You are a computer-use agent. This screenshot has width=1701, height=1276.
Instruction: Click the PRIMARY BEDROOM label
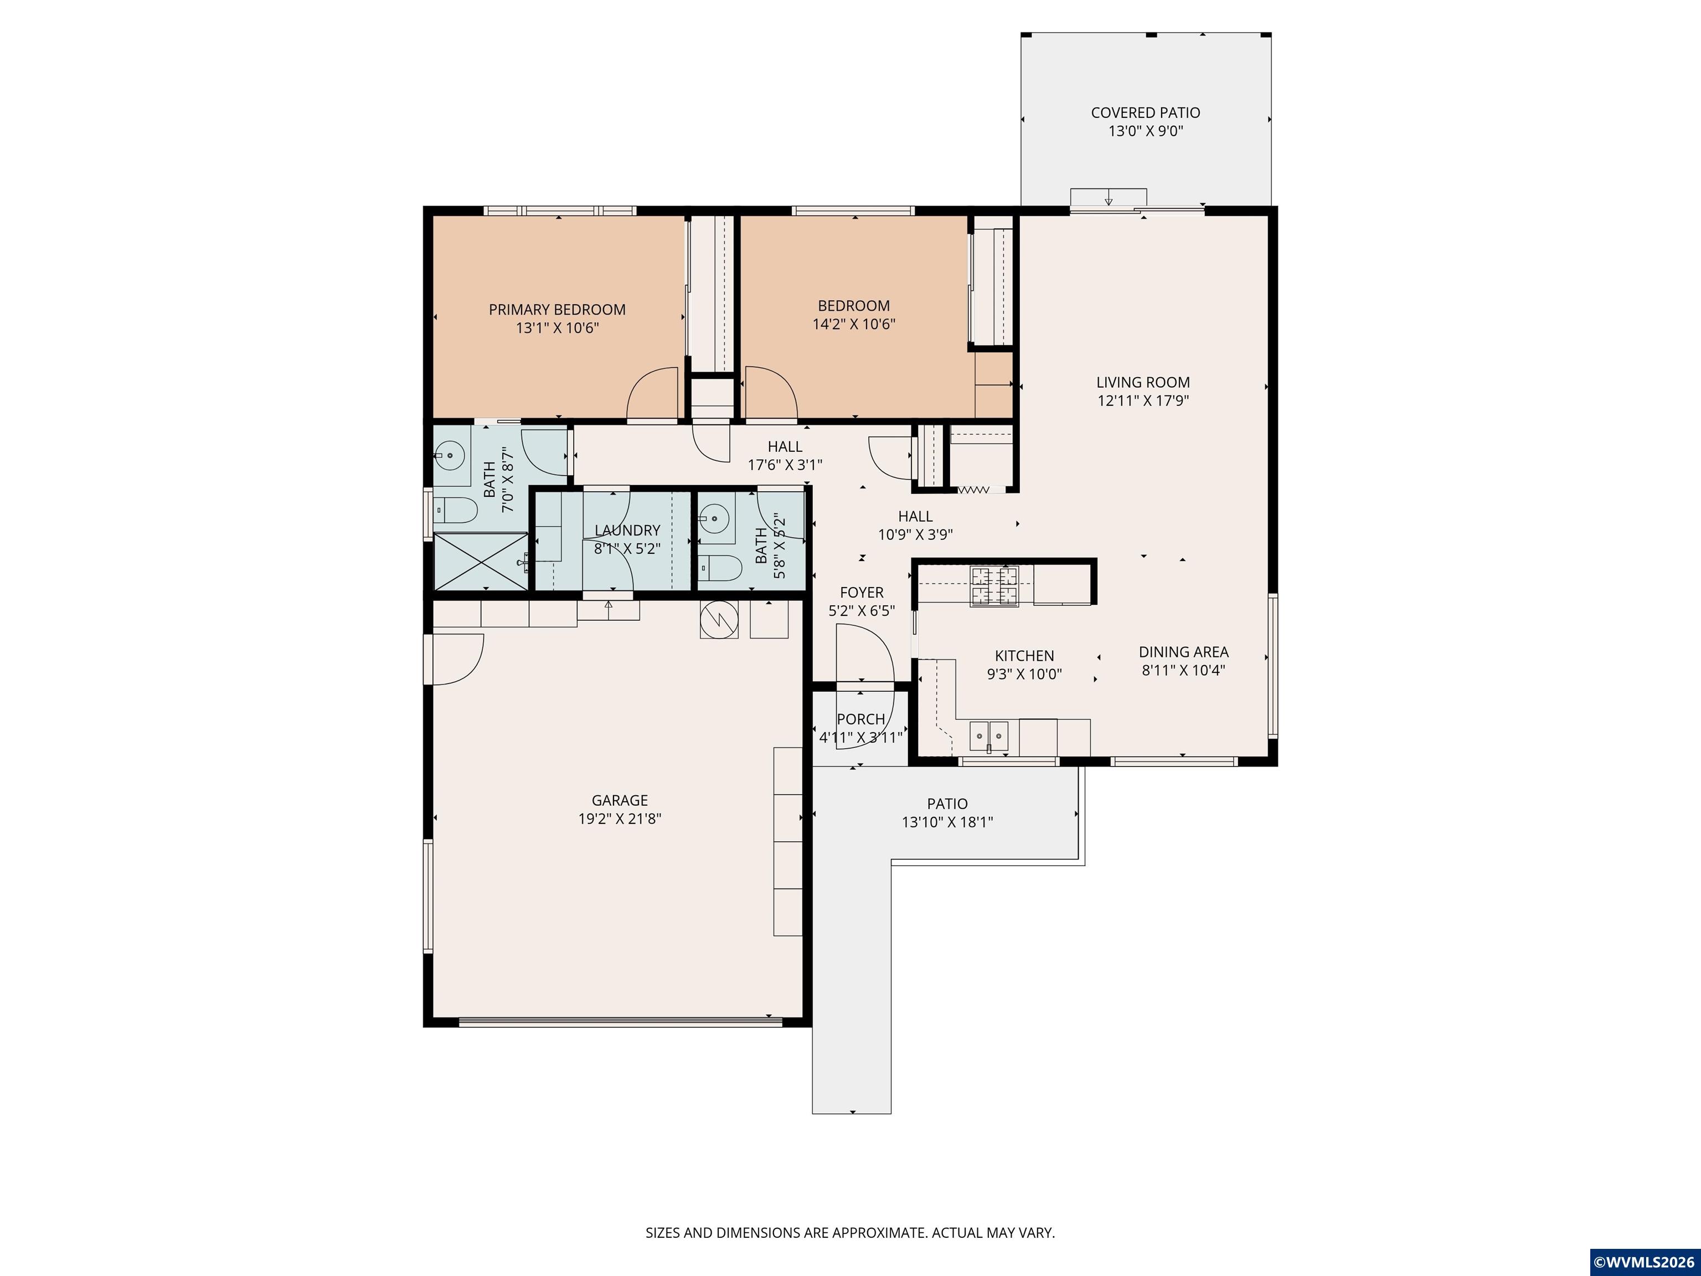(x=556, y=309)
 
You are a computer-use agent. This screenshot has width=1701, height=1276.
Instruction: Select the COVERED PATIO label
(x=1145, y=112)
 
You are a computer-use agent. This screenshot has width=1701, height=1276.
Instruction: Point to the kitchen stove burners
(x=993, y=586)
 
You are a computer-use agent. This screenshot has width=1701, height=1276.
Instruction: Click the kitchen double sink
(x=988, y=736)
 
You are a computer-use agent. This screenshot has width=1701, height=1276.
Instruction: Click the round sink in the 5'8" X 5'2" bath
(x=714, y=518)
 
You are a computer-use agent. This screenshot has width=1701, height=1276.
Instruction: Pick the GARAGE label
(x=619, y=800)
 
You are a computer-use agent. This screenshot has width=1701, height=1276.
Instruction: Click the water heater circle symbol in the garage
(x=718, y=619)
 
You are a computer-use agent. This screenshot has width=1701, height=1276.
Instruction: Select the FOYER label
(x=861, y=592)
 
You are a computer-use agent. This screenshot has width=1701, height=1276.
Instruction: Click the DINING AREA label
(x=1183, y=651)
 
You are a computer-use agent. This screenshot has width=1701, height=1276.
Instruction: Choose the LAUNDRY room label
(x=627, y=530)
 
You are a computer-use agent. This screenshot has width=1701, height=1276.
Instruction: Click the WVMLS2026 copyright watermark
(x=1644, y=1262)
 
